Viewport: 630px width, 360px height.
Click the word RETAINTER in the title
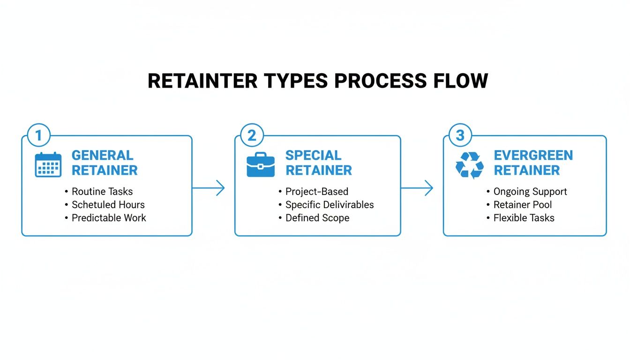click(x=202, y=81)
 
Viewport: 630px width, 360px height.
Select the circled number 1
click(x=39, y=135)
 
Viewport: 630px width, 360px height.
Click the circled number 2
click(x=252, y=135)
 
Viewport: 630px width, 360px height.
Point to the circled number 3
click(x=460, y=135)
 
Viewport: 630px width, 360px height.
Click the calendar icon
click(x=48, y=165)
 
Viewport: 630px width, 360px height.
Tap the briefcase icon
click(x=261, y=165)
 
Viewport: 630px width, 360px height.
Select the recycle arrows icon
click(x=469, y=165)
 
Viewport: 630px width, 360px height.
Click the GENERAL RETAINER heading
click(x=104, y=163)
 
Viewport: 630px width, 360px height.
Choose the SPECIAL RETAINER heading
click(x=318, y=163)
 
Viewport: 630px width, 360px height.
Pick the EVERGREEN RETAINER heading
click(x=533, y=163)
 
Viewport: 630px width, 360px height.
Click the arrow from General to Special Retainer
click(x=209, y=188)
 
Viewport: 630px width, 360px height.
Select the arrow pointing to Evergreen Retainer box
click(x=417, y=188)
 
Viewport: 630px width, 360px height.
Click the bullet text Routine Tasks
click(x=102, y=191)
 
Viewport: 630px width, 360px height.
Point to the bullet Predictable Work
click(x=109, y=217)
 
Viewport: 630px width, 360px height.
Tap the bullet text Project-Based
click(x=316, y=191)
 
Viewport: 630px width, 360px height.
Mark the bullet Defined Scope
click(x=317, y=217)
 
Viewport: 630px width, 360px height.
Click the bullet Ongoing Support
click(x=530, y=191)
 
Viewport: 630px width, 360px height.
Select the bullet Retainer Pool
click(x=522, y=204)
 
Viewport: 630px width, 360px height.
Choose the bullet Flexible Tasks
click(x=524, y=217)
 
